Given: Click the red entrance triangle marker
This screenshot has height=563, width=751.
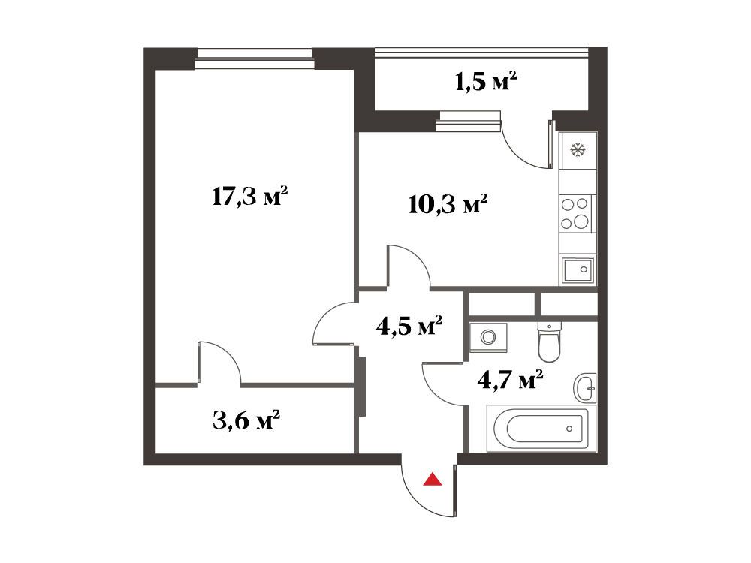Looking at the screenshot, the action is tap(433, 480).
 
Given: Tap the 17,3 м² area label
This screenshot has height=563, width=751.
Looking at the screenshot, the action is tap(249, 196).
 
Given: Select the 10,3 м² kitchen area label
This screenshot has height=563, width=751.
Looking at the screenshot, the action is tap(448, 204).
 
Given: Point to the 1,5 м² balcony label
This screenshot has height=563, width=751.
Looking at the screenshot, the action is tap(485, 82).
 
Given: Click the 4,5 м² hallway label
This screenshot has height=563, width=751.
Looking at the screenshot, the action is tap(409, 327).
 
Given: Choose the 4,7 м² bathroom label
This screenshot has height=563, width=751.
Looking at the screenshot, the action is tap(510, 381).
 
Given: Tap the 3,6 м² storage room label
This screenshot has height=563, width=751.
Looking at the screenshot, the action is tap(246, 421).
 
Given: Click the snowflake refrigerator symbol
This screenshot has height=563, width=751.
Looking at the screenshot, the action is tap(578, 151).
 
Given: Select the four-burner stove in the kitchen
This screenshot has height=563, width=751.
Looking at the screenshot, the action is tap(576, 213).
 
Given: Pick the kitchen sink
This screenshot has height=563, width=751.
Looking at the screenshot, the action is tap(578, 270).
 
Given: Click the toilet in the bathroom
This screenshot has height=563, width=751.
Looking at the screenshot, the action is tap(549, 342).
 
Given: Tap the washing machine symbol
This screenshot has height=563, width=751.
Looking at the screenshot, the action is tap(488, 338).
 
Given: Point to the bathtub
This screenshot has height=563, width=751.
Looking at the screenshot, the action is tap(541, 429).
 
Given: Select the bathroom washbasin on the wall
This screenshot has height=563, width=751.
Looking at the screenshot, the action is tap(585, 387).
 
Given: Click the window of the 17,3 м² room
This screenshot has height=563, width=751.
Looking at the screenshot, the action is tap(254, 59).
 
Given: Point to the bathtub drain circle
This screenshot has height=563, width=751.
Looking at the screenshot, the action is tap(569, 429).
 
